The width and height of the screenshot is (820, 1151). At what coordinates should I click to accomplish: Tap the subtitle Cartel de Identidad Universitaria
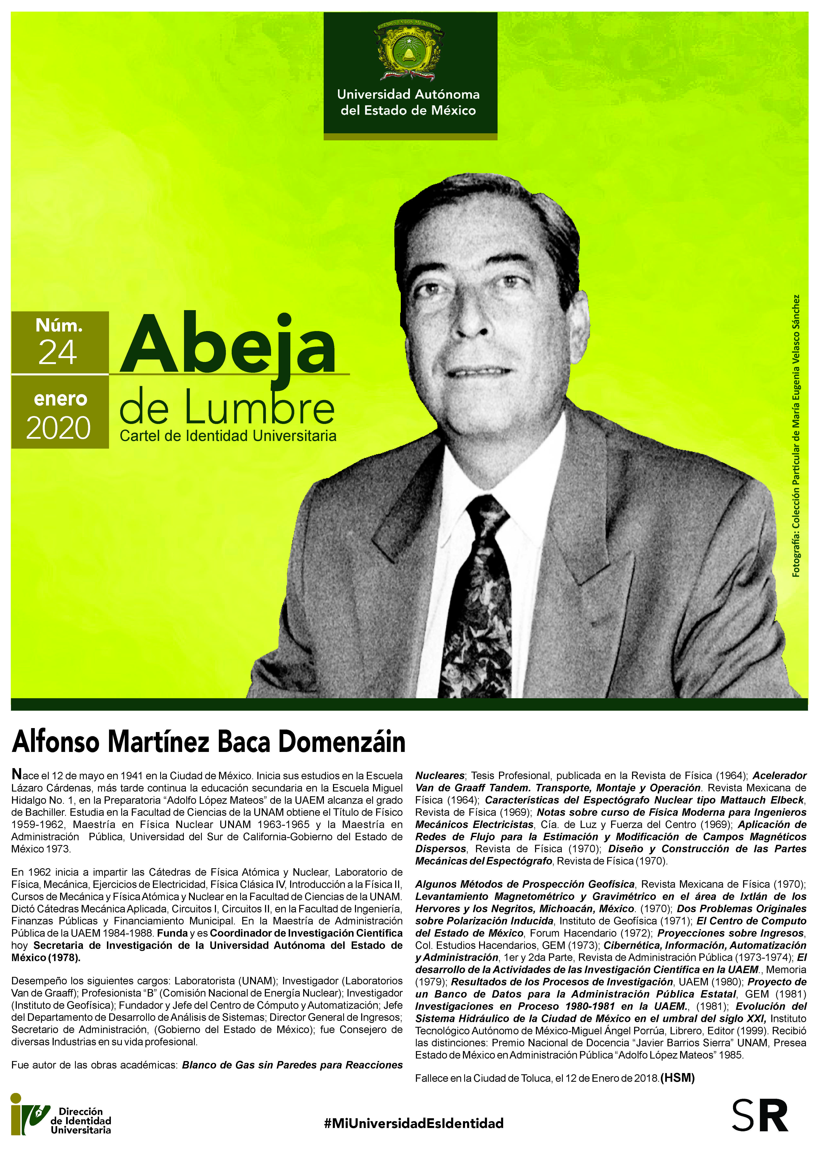[228, 436]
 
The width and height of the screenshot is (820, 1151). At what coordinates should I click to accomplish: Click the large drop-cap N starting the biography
[17, 774]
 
